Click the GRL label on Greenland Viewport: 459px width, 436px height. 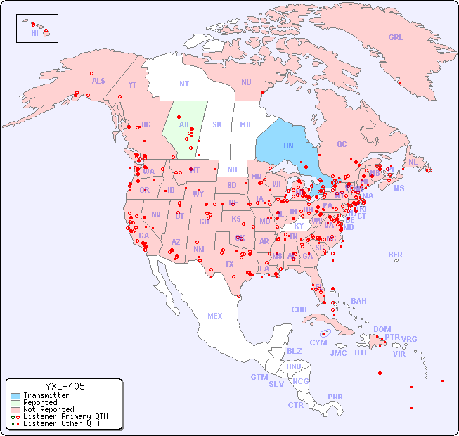(396, 38)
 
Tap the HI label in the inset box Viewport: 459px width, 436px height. (34, 33)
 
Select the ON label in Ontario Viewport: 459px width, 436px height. (288, 146)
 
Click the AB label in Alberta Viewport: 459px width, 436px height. (183, 125)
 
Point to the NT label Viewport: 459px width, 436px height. (184, 84)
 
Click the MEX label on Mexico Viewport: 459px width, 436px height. (215, 316)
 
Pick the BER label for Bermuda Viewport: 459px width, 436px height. (396, 255)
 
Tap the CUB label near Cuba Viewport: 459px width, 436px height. (299, 309)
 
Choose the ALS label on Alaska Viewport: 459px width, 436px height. (98, 81)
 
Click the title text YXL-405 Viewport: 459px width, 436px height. (65, 386)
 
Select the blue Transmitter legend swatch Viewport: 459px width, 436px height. (15, 396)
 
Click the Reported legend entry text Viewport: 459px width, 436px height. (40, 403)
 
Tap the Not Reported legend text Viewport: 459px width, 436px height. (49, 409)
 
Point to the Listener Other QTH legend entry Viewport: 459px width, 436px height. (60, 423)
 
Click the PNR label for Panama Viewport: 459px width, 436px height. (335, 397)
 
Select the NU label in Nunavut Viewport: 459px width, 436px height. (246, 82)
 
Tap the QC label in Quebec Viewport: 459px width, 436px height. (342, 144)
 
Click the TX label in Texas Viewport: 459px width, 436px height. (229, 264)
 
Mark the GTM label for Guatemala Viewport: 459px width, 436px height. (259, 377)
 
